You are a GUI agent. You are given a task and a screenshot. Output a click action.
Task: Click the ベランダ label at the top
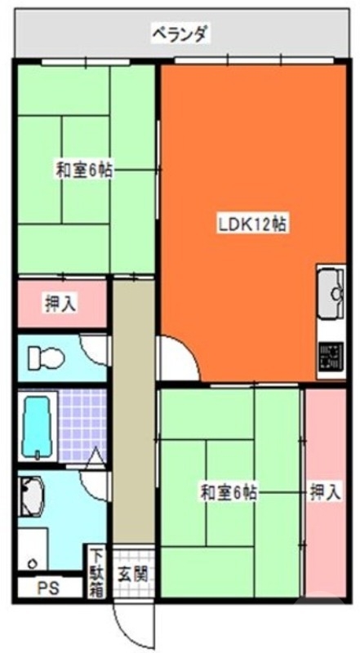(x=180, y=33)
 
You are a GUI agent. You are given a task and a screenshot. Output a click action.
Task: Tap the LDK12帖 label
(x=251, y=224)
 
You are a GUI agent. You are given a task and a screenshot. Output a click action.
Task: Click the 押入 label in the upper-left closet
(x=60, y=304)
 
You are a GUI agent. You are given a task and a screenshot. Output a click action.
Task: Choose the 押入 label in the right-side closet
(x=325, y=492)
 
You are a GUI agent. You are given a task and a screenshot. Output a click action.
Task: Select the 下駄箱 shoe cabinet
(x=96, y=574)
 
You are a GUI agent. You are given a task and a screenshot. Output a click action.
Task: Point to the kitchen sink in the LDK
(x=331, y=294)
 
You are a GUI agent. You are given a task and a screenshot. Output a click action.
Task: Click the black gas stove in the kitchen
(x=331, y=358)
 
